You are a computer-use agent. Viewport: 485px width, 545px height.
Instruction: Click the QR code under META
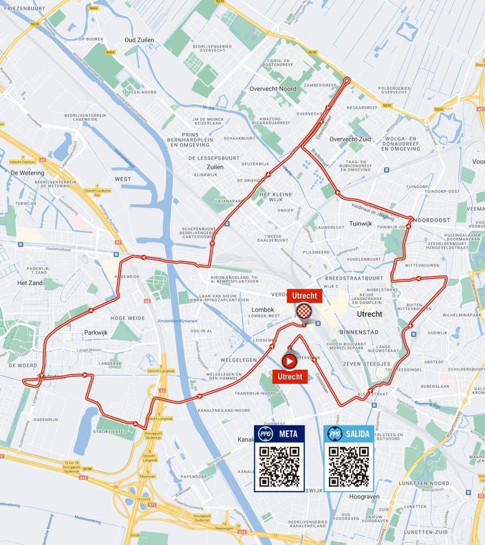(x=279, y=466)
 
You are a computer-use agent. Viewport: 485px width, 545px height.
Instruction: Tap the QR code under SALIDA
(x=349, y=466)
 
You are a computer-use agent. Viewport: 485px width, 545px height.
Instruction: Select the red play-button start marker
(x=289, y=361)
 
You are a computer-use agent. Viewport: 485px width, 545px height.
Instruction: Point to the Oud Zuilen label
(x=139, y=40)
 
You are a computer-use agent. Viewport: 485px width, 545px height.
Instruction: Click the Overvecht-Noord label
(x=273, y=88)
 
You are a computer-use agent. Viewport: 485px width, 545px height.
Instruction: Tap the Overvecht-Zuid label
(x=351, y=139)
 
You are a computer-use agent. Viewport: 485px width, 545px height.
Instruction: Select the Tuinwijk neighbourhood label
(x=361, y=222)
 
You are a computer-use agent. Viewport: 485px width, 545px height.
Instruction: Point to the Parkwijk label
(x=96, y=333)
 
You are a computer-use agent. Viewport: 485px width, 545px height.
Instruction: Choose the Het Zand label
(x=29, y=283)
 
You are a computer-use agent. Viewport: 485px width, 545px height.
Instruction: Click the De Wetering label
(x=27, y=173)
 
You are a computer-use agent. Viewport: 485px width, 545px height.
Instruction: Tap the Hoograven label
(x=361, y=496)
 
